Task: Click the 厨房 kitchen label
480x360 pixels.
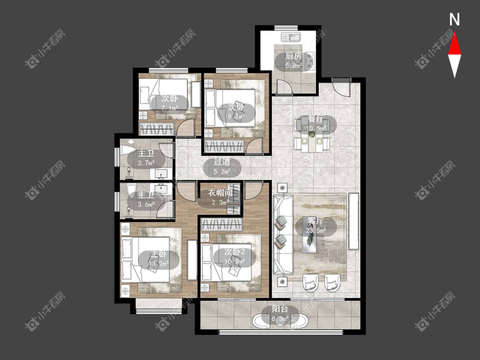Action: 294,56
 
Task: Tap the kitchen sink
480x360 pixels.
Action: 291,38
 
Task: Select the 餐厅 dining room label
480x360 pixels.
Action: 315,119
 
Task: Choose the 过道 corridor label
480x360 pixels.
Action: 222,162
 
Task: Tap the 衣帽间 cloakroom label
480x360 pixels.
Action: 220,193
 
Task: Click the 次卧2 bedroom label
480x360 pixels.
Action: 234,252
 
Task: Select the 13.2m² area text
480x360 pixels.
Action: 159,263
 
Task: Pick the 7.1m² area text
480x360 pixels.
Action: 169,108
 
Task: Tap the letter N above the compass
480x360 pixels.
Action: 454,20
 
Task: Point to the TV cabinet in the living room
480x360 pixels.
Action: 354,221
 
